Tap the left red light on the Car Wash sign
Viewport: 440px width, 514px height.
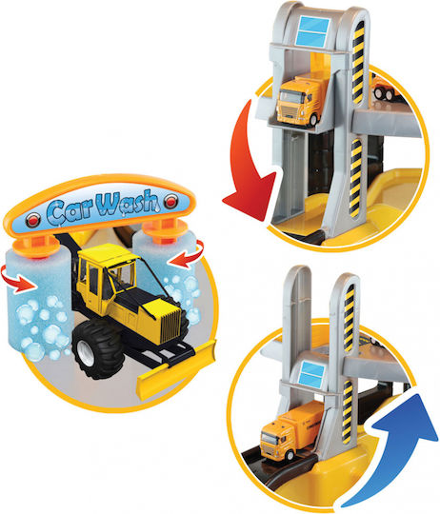32,220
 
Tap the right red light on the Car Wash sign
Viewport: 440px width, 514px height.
171,200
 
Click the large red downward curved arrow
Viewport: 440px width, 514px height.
249,170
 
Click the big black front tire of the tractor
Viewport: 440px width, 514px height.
95,349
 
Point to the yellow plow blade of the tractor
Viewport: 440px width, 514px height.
176,369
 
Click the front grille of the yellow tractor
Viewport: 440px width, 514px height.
170,324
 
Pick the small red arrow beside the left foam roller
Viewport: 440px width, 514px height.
18,279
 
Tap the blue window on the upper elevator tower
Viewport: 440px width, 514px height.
312,31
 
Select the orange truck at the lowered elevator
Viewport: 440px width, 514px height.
290,432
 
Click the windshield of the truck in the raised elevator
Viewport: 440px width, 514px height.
290,97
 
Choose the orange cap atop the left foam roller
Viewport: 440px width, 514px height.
34,246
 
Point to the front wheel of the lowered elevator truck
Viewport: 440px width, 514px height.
290,455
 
